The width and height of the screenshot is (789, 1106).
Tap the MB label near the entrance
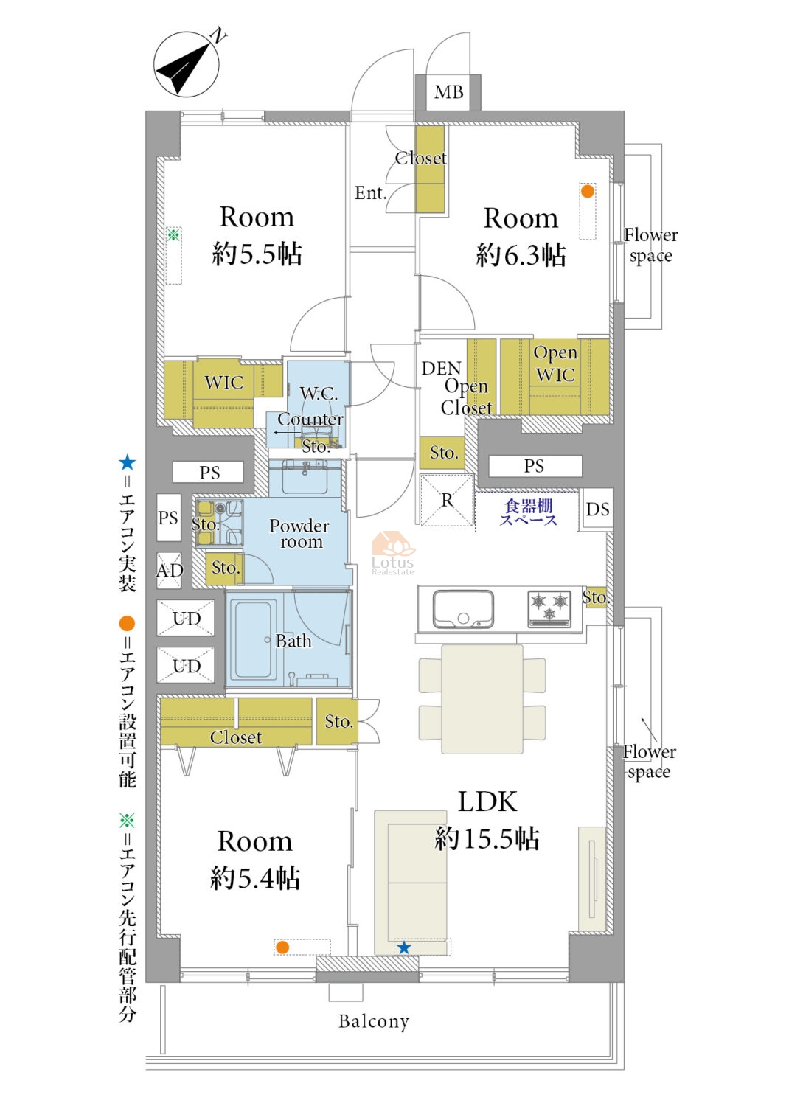point(448,92)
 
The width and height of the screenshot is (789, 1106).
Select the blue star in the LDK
point(404,947)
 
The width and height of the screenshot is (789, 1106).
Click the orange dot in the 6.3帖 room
point(587,191)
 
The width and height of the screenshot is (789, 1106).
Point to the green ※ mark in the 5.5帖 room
point(173,234)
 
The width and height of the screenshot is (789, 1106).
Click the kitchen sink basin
point(462,609)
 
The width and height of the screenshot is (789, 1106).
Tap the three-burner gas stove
point(549,609)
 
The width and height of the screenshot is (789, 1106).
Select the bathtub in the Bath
point(253,639)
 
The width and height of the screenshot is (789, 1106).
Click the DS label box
point(597,509)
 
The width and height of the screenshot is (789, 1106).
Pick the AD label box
point(170,570)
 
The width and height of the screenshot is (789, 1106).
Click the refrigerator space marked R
point(447,500)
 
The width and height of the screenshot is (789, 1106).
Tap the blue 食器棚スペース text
point(528,512)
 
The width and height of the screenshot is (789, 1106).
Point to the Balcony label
point(374,1021)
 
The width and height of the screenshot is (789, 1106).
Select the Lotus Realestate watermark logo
point(393,553)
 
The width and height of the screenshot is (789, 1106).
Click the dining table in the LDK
point(482,699)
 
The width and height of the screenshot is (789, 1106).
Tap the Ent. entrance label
point(370,193)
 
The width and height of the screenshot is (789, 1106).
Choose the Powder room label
point(299,534)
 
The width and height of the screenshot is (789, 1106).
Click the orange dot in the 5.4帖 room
point(282,947)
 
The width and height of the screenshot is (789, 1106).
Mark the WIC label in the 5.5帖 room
point(223,382)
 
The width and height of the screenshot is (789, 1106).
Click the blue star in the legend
point(127,462)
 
